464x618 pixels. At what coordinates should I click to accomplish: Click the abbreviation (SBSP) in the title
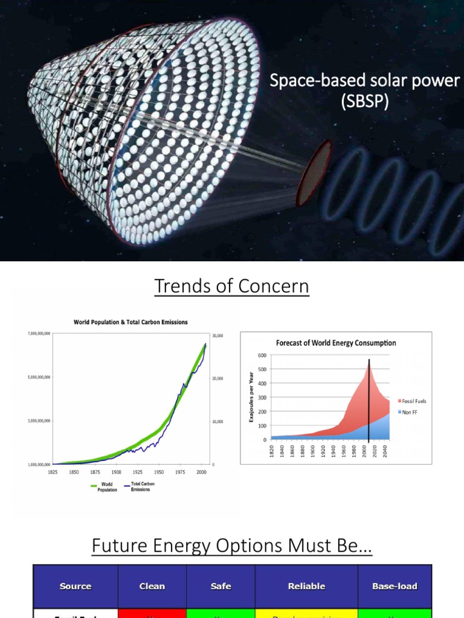click(x=364, y=101)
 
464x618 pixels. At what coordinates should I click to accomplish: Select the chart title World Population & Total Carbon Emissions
click(x=130, y=322)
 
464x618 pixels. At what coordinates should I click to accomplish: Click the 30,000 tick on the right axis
click(x=216, y=336)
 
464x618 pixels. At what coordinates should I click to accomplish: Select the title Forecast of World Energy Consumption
click(x=336, y=343)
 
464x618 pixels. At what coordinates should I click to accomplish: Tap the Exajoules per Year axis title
click(x=251, y=397)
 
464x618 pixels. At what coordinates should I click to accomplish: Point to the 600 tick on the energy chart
click(x=262, y=355)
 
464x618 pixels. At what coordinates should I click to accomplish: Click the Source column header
click(x=76, y=586)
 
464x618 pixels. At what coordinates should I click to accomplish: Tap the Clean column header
click(x=152, y=586)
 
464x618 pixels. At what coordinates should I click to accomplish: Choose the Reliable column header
click(x=306, y=586)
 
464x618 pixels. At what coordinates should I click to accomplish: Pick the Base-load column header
click(x=395, y=586)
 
